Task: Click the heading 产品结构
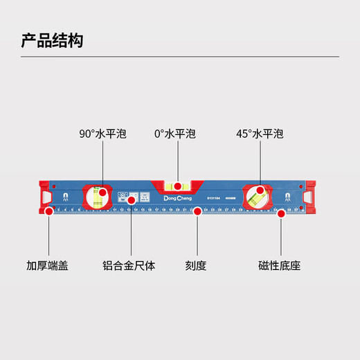point(53,40)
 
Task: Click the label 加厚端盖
point(48,265)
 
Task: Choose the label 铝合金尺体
point(129,265)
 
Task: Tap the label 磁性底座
point(280,265)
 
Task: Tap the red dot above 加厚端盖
point(48,213)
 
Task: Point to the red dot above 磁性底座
point(281,213)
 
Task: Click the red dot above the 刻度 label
point(197,212)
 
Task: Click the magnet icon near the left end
point(65,196)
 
